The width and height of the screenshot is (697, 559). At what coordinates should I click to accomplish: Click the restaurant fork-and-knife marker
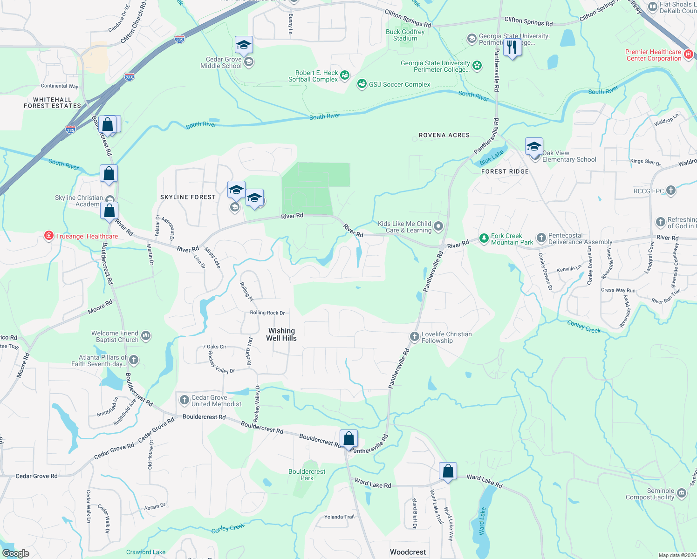[512, 48]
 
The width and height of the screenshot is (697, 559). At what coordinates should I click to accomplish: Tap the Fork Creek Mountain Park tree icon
[484, 239]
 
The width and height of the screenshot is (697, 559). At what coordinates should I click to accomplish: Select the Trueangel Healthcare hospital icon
[48, 236]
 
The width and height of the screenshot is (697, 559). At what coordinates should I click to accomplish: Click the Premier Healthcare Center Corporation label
[653, 55]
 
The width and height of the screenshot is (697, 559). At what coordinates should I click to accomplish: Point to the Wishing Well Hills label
[281, 334]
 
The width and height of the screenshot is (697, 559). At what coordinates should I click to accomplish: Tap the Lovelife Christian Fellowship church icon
[414, 336]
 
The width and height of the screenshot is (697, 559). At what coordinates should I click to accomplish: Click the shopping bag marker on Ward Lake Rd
[448, 471]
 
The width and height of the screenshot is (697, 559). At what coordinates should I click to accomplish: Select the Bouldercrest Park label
[307, 475]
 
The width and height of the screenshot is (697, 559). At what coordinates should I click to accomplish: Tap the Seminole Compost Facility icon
[682, 493]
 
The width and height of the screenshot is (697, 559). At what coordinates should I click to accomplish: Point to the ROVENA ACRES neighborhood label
[444, 135]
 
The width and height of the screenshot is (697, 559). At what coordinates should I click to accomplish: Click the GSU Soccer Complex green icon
[362, 84]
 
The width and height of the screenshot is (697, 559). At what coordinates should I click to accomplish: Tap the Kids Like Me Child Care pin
[438, 226]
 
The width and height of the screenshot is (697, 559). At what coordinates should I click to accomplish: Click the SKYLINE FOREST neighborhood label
[188, 197]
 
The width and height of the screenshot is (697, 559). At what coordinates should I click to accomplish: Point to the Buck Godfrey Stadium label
[405, 35]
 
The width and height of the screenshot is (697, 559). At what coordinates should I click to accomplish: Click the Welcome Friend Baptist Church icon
[146, 335]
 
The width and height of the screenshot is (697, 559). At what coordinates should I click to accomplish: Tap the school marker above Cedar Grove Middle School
[244, 45]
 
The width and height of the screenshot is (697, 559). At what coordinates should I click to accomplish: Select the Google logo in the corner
[16, 553]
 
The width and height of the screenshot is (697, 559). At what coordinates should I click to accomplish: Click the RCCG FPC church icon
[671, 190]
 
